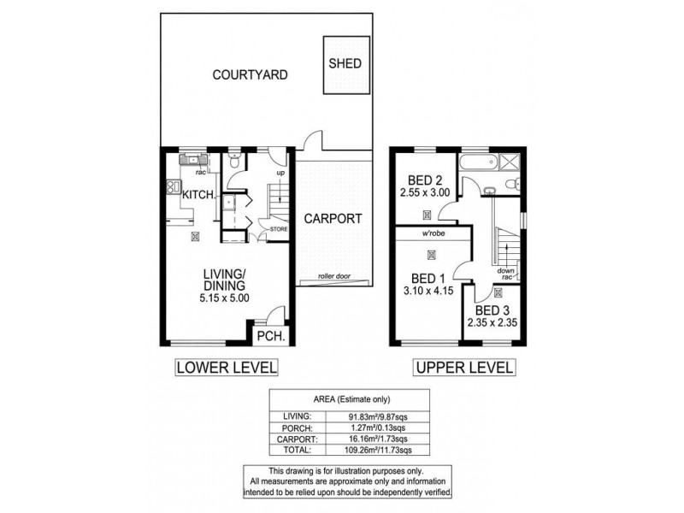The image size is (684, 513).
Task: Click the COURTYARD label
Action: coord(250,74)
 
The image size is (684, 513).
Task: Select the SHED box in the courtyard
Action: coord(345,64)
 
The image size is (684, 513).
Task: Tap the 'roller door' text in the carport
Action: coord(334,277)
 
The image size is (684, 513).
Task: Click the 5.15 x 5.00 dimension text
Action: coord(226,299)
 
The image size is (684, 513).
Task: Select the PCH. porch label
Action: coord(272,336)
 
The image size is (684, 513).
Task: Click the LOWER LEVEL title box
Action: coord(226,368)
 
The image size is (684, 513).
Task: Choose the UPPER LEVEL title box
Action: coord(464,368)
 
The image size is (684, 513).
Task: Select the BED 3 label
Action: coord(491,310)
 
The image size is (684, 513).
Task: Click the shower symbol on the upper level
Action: coord(510,162)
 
